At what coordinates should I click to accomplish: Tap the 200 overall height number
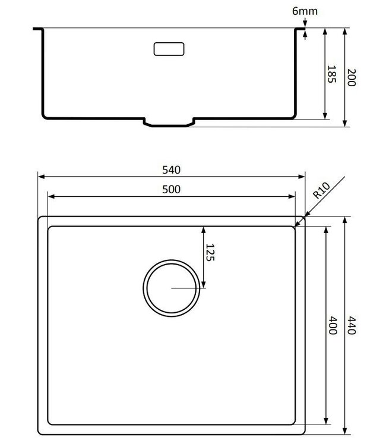coord(351,77)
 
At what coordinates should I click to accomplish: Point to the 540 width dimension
coord(171,169)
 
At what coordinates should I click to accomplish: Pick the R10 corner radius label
coord(321,190)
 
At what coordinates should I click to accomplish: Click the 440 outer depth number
coord(351,326)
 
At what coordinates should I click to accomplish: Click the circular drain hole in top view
coord(171,288)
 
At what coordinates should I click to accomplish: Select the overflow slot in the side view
coord(170,49)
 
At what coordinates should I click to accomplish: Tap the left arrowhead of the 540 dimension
coord(40,177)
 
